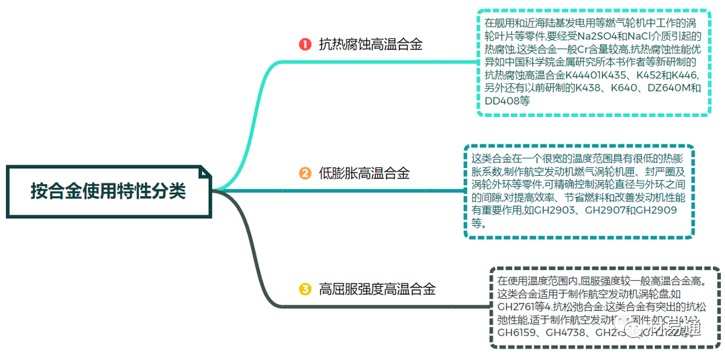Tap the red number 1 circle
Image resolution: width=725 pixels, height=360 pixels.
point(305,45)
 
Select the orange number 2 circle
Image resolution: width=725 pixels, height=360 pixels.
point(305,173)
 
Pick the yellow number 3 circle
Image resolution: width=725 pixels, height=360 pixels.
point(305,289)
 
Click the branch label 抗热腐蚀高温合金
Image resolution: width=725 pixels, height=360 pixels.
point(371,45)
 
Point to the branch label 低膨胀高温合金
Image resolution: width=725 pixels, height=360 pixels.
point(364,173)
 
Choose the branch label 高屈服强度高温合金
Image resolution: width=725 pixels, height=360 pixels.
point(377,289)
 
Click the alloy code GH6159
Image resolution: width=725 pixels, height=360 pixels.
point(518,331)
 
